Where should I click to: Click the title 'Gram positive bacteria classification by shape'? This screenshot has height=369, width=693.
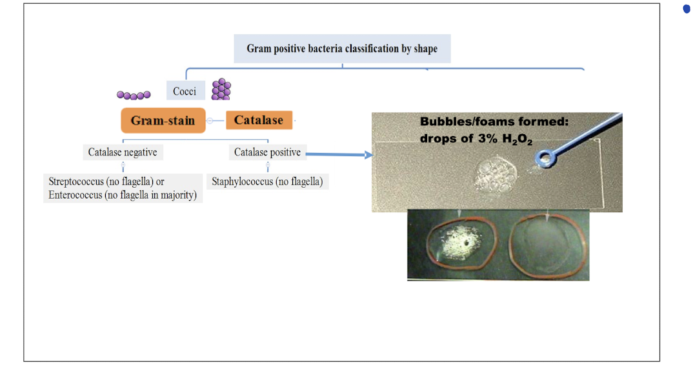pyautogui.click(x=342, y=49)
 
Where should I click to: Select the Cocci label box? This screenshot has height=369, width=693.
pyautogui.click(x=185, y=91)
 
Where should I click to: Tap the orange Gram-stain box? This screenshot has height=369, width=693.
pyautogui.click(x=163, y=121)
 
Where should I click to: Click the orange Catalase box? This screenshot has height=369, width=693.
pyautogui.click(x=258, y=120)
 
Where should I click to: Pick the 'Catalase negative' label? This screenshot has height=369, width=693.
pyautogui.click(x=123, y=153)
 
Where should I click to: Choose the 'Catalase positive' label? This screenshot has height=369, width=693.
pyautogui.click(x=267, y=153)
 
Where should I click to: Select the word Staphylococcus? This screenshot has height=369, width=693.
pyautogui.click(x=243, y=182)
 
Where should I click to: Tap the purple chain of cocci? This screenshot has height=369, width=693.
pyautogui.click(x=134, y=95)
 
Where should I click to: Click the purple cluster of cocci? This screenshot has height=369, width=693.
pyautogui.click(x=221, y=89)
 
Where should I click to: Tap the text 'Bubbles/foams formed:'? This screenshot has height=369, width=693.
pyautogui.click(x=494, y=122)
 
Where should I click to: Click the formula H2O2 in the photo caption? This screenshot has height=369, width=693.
pyautogui.click(x=517, y=140)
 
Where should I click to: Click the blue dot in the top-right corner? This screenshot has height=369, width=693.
pyautogui.click(x=686, y=9)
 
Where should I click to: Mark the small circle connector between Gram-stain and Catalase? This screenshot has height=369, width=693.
pyautogui.click(x=210, y=121)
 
